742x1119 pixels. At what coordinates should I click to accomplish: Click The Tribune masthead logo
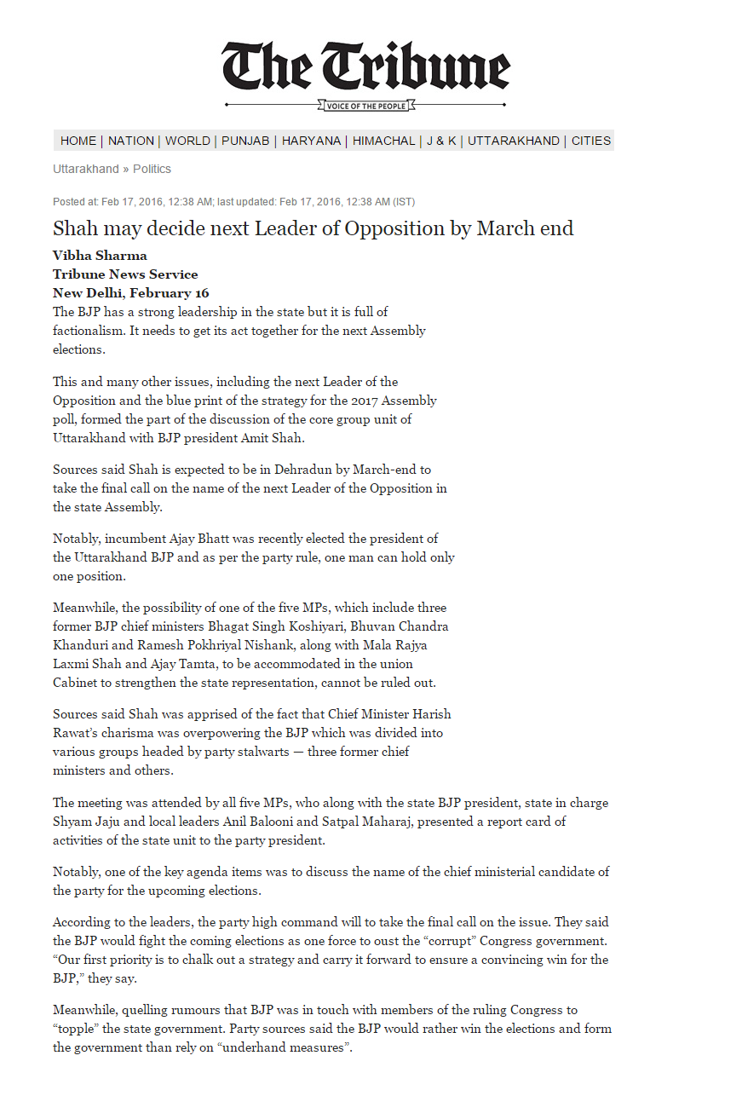pos(365,66)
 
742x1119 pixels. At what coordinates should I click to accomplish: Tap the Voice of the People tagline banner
pos(365,106)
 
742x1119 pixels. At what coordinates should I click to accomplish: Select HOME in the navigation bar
pos(78,141)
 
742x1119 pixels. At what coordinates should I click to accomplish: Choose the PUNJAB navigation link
pos(245,141)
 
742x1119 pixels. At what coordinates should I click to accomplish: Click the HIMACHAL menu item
pos(384,141)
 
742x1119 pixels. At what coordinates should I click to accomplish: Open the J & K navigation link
pos(441,141)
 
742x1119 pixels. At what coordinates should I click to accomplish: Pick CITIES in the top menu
pos(591,141)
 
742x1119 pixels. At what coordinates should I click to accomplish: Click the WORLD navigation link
pos(187,141)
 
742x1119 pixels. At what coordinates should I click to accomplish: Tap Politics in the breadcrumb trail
pos(152,169)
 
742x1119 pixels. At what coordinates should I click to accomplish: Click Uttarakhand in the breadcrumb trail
pos(86,169)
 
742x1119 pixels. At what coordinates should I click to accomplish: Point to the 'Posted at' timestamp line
pos(233,202)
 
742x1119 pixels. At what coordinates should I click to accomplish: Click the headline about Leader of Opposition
pos(313,228)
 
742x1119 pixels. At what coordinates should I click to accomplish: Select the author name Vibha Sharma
pos(100,256)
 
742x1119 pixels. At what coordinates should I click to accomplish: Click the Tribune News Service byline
pos(125,274)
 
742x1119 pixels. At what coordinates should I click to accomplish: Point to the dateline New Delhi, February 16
pos(130,293)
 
